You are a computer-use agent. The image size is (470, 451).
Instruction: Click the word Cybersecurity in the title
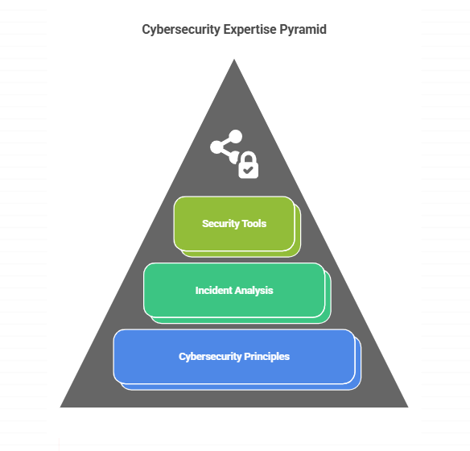(x=181, y=30)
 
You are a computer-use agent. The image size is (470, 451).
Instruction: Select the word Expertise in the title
(x=250, y=30)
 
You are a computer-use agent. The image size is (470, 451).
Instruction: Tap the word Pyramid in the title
(x=303, y=30)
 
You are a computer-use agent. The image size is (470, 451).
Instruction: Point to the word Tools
(x=254, y=224)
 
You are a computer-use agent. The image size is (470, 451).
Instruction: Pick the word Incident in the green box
(x=214, y=291)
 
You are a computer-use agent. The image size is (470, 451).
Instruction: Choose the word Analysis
(x=254, y=291)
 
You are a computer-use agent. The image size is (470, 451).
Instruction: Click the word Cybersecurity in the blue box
(x=210, y=357)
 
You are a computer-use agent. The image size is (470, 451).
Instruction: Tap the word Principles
(x=266, y=357)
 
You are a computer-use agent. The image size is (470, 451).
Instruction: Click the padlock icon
(x=248, y=165)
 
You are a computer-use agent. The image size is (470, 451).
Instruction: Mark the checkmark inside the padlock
(x=248, y=170)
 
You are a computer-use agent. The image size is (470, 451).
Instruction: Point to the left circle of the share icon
(x=217, y=147)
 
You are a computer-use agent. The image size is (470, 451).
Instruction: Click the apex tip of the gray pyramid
(x=234, y=60)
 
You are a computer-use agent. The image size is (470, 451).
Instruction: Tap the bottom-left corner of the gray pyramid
(x=60, y=407)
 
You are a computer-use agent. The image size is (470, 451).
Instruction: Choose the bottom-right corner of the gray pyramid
(x=408, y=407)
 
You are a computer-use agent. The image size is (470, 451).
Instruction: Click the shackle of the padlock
(x=249, y=157)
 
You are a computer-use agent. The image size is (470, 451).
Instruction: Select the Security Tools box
(x=237, y=226)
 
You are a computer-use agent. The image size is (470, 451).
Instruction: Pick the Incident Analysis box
(x=237, y=293)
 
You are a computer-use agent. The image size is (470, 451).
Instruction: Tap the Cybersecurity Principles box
(x=237, y=359)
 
